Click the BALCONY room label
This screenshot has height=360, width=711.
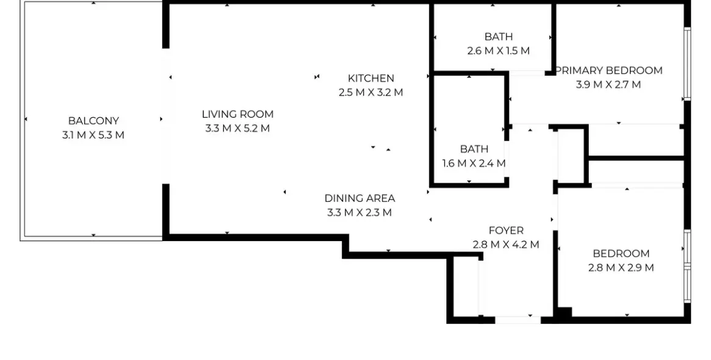click(x=93, y=121)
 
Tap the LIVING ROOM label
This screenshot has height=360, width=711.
click(x=237, y=114)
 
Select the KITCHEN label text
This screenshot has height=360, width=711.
click(x=371, y=78)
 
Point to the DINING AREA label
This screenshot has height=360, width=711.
click(x=359, y=198)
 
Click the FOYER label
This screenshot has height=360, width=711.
click(x=506, y=231)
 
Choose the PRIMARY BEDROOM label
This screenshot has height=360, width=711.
click(x=609, y=71)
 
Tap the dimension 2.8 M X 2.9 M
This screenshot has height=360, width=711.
click(x=621, y=268)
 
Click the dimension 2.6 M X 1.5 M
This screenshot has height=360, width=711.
click(x=499, y=51)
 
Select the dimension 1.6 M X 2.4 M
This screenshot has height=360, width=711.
click(x=474, y=164)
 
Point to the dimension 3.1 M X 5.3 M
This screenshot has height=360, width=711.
click(x=93, y=135)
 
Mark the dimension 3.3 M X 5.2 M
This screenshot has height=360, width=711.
click(x=237, y=129)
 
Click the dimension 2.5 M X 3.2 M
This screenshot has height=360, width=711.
click(x=371, y=93)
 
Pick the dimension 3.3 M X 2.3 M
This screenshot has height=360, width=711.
click(x=359, y=213)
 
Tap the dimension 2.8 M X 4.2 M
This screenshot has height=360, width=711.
click(x=506, y=245)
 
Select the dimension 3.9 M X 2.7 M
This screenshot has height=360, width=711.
click(x=608, y=85)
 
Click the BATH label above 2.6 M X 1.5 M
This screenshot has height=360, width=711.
click(x=499, y=37)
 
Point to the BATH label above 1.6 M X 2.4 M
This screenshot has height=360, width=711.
click(x=474, y=149)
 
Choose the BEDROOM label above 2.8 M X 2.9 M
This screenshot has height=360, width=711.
click(x=621, y=254)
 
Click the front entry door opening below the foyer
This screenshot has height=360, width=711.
click(x=517, y=319)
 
